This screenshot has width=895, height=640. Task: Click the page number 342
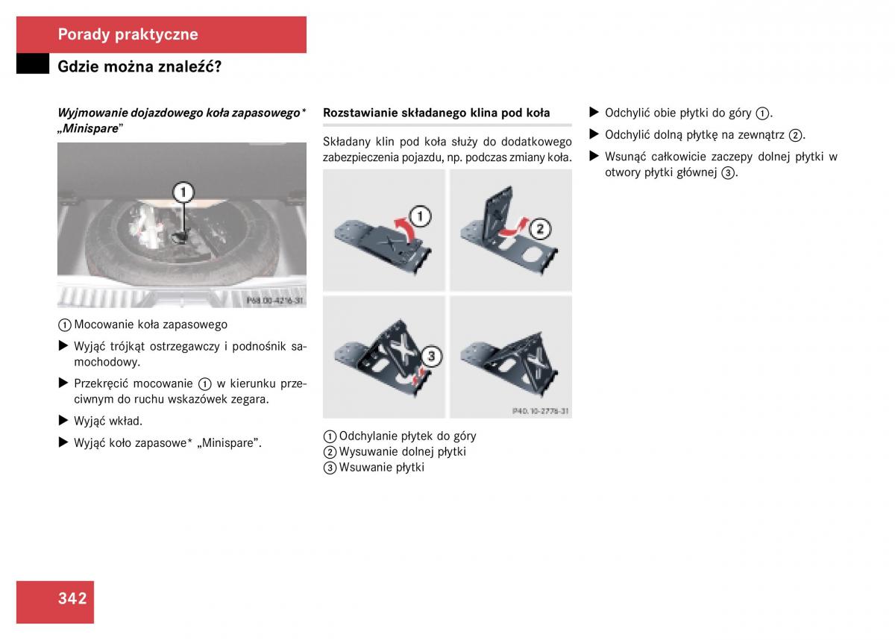click(x=72, y=598)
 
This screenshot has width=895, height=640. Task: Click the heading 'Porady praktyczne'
click(x=128, y=35)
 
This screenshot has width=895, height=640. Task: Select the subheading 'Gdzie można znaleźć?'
click(x=139, y=66)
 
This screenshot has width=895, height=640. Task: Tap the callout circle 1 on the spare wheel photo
click(x=183, y=192)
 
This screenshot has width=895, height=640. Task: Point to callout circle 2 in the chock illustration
click(x=540, y=229)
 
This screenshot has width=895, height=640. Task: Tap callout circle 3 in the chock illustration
click(x=431, y=356)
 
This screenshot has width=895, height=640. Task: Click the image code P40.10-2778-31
click(x=540, y=411)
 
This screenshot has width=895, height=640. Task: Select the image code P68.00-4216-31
click(x=275, y=301)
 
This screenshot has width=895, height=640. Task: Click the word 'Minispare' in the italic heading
click(x=91, y=128)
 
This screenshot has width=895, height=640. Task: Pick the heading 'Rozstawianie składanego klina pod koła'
click(x=436, y=113)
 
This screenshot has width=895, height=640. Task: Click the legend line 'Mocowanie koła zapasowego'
click(x=151, y=324)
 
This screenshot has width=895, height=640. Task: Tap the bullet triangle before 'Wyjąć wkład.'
click(x=63, y=420)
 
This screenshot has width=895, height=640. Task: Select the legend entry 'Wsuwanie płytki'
click(x=382, y=468)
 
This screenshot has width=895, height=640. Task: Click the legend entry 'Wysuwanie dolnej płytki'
click(x=402, y=452)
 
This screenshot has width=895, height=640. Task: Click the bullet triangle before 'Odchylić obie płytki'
click(x=594, y=112)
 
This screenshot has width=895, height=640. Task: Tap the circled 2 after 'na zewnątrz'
click(x=796, y=136)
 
